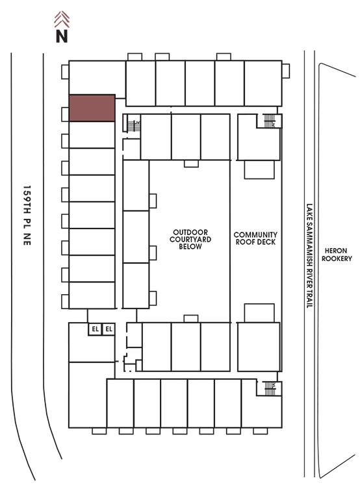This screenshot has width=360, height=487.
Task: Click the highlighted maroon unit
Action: (92, 108)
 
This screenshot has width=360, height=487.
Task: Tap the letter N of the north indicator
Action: (62, 36)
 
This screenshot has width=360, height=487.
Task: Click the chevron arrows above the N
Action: (62, 19)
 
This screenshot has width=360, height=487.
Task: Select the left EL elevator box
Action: (95, 329)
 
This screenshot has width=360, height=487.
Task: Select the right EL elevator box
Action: (109, 329)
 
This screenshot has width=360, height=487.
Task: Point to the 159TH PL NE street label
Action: (27, 215)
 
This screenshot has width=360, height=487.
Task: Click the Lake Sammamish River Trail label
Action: (309, 256)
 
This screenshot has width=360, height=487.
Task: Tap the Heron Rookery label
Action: (337, 255)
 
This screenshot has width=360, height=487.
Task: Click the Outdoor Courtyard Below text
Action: (190, 239)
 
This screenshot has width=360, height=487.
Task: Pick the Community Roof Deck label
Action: (255, 238)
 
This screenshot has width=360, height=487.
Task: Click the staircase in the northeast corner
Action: (270, 121)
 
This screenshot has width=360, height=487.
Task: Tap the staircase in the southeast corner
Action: (270, 388)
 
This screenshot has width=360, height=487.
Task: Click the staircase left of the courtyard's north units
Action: (133, 126)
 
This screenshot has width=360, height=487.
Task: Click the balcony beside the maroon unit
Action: (65, 114)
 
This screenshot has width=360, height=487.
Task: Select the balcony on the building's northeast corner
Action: (286, 71)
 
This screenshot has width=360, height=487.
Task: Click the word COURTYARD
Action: (190, 239)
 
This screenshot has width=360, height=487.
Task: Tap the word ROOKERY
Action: (337, 258)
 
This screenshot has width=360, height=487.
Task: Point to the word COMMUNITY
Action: (255, 234)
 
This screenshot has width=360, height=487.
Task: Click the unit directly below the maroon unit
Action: (92, 135)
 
